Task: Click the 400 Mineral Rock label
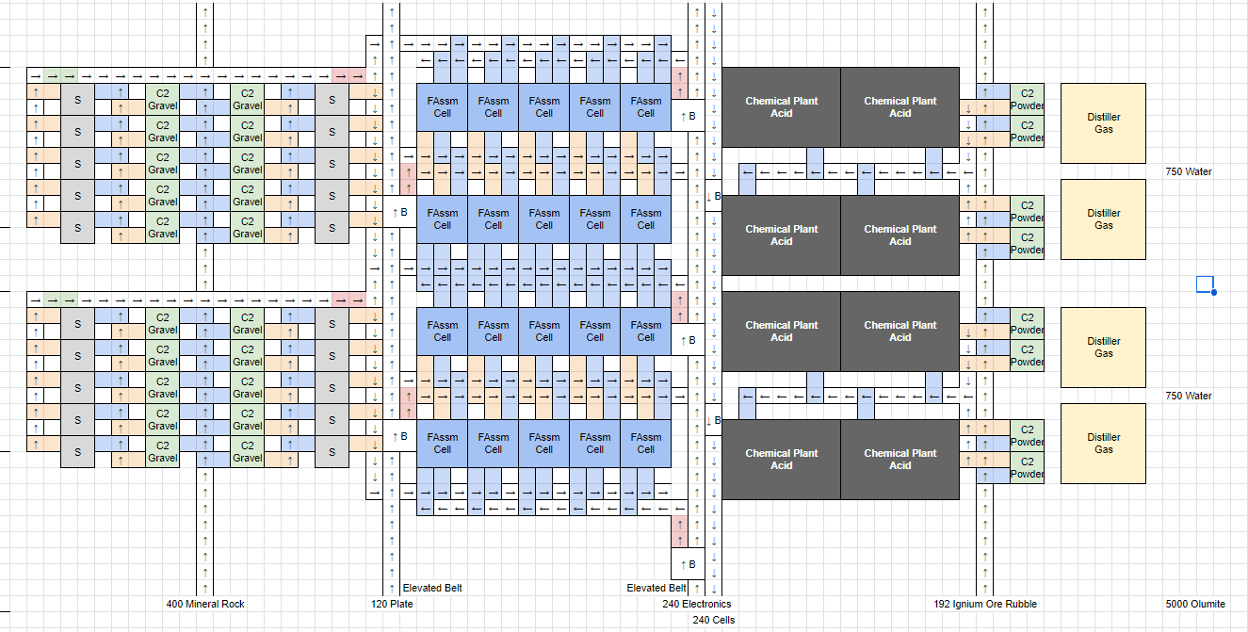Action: (204, 604)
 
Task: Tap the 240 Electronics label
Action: (696, 604)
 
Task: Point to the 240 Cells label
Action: (713, 620)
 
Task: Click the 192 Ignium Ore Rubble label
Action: (985, 604)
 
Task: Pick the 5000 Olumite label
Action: (1195, 604)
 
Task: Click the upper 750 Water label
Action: (1188, 171)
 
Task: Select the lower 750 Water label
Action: (1188, 396)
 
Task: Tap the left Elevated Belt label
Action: (432, 588)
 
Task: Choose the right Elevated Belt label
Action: (656, 588)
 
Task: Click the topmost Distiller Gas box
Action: (1103, 123)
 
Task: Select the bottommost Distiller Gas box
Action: (1103, 444)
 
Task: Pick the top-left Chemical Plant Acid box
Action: (781, 106)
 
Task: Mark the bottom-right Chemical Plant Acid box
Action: (900, 459)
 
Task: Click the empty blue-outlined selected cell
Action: (1205, 284)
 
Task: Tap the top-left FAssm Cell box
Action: (442, 106)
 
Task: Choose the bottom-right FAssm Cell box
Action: (645, 443)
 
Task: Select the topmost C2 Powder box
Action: (1027, 99)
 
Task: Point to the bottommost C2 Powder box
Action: (1027, 467)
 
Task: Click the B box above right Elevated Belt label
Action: (688, 564)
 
